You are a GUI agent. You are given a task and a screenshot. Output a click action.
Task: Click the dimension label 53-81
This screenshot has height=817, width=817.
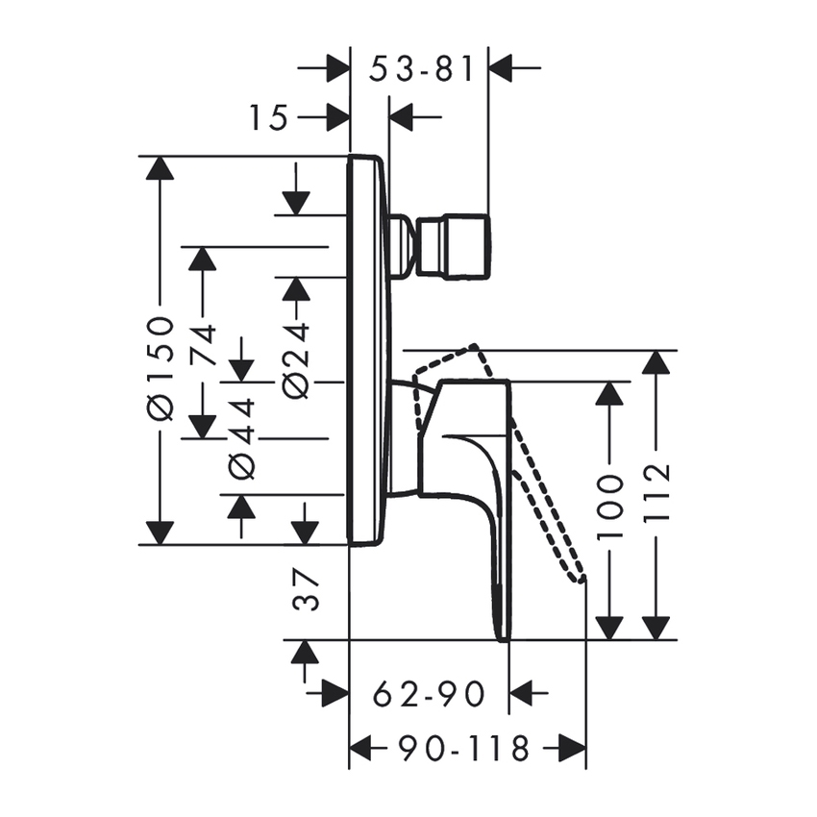pyautogui.click(x=423, y=69)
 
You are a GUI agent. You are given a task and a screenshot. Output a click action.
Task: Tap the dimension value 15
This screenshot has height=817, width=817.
pyautogui.click(x=268, y=118)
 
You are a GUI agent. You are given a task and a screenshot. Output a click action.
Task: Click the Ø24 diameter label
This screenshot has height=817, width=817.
pyautogui.click(x=297, y=360)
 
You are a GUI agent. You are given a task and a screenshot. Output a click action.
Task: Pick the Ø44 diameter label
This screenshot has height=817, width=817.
pyautogui.click(x=241, y=437)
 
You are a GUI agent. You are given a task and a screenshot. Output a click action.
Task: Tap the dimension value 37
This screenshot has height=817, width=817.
pyautogui.click(x=305, y=587)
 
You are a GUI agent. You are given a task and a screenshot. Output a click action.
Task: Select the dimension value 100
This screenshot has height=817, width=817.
pyautogui.click(x=609, y=506)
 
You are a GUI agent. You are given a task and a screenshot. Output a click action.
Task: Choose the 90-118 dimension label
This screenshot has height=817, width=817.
pyautogui.click(x=452, y=748)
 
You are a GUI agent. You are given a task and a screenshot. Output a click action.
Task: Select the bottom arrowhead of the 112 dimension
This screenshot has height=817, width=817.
pyautogui.click(x=656, y=628)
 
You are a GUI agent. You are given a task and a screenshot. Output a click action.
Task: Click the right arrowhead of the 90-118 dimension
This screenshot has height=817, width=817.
pyautogui.click(x=574, y=748)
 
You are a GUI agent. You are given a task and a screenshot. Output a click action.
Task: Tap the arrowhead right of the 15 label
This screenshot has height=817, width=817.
pyautogui.click(x=337, y=118)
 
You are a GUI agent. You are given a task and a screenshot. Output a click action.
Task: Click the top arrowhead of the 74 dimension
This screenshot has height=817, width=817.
pyautogui.click(x=203, y=259)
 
